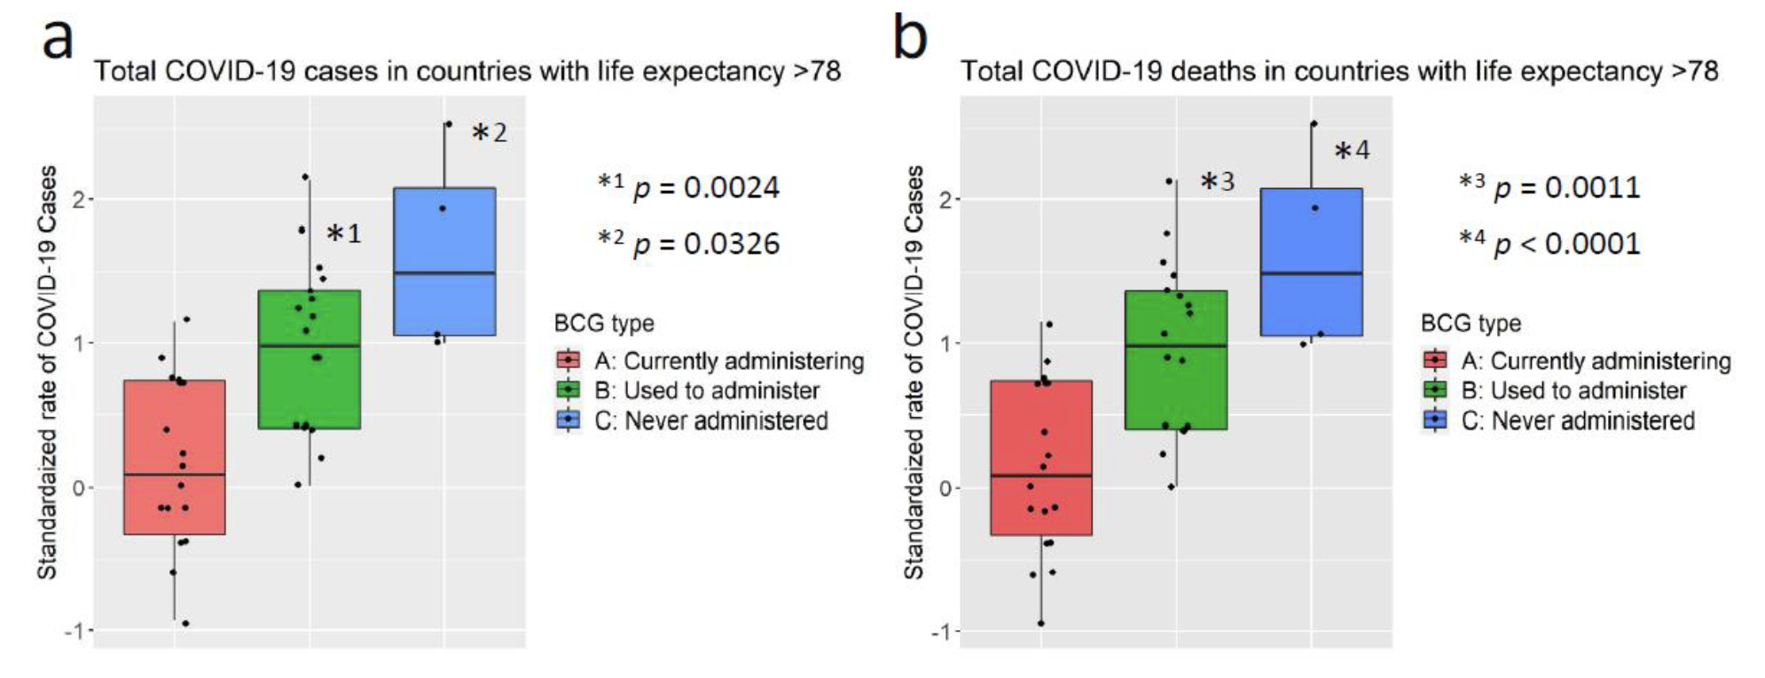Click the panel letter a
pyautogui.click(x=58, y=40)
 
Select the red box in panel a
pyautogui.click(x=174, y=457)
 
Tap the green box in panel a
pyautogui.click(x=309, y=359)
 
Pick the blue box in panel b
pyautogui.click(x=1311, y=262)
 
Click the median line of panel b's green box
pyautogui.click(x=1176, y=345)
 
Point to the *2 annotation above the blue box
pyautogui.click(x=490, y=133)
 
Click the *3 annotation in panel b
pyautogui.click(x=1217, y=182)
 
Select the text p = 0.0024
pyautogui.click(x=706, y=187)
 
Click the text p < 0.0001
pyautogui.click(x=1566, y=243)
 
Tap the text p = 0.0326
pyautogui.click(x=706, y=243)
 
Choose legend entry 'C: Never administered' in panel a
pyautogui.click(x=710, y=421)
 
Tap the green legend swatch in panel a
pyautogui.click(x=568, y=390)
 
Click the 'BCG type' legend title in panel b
pyautogui.click(x=1470, y=323)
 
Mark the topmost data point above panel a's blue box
pyautogui.click(x=448, y=124)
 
